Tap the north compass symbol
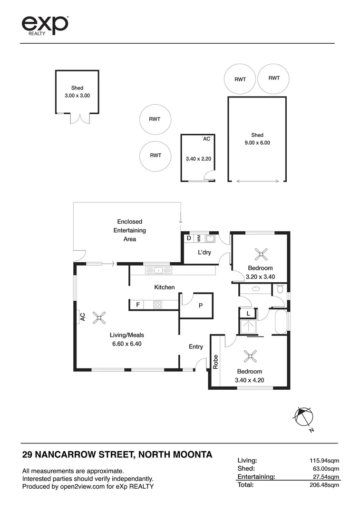click(x=303, y=417)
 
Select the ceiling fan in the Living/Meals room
click(x=99, y=317)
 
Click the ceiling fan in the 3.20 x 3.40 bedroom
click(x=261, y=254)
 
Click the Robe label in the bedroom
click(x=215, y=362)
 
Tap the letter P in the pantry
click(x=201, y=306)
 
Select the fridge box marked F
click(x=137, y=304)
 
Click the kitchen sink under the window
click(x=158, y=270)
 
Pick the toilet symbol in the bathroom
click(x=280, y=288)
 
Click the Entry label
click(x=196, y=346)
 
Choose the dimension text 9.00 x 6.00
click(x=257, y=142)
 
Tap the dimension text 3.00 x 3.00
click(x=77, y=96)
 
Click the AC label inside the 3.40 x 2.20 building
click(x=206, y=139)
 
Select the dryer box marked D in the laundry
click(x=189, y=238)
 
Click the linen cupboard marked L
click(x=248, y=314)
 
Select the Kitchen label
click(x=164, y=287)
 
